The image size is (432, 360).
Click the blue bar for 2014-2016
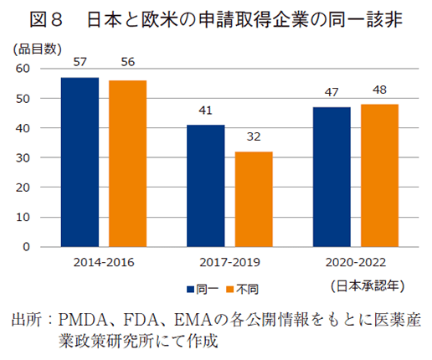tap(80, 162)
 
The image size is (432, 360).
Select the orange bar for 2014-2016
tap(127, 164)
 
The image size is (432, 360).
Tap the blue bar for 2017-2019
tap(205, 186)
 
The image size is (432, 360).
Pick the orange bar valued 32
tap(254, 199)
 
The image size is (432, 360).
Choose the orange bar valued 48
tap(379, 176)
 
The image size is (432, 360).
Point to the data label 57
tap(80, 62)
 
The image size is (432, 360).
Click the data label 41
tap(205, 110)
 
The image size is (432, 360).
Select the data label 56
tap(128, 65)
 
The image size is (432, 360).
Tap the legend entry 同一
tap(206, 289)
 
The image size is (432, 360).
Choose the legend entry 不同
tap(245, 289)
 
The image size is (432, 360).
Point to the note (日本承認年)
tap(368, 285)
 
